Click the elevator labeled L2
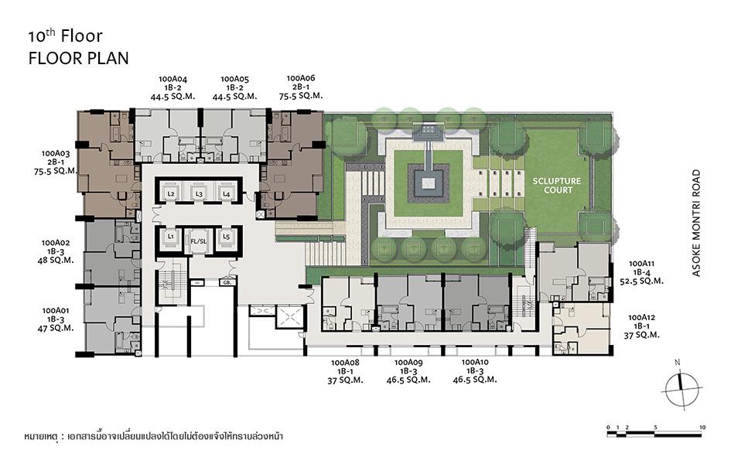[171, 192]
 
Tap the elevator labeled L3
[199, 192]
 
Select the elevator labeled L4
[226, 192]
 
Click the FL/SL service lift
[199, 241]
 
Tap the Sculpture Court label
[557, 186]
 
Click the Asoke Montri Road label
[696, 223]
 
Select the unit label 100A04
[173, 79]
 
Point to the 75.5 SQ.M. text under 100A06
[301, 95]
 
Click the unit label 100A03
[56, 153]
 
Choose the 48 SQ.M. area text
[56, 261]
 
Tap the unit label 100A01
[56, 311]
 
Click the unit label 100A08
[345, 363]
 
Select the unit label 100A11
[641, 264]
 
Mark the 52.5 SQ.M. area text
[641, 281]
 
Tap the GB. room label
[227, 282]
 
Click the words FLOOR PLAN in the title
[78, 58]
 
